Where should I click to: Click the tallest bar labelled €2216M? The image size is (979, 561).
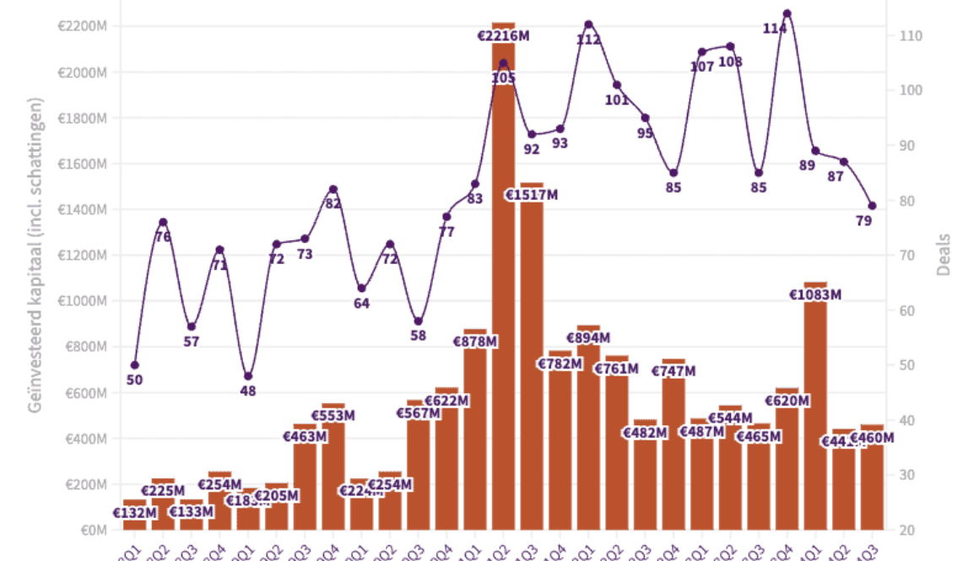tap(504, 278)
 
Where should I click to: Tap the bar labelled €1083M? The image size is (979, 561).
tap(815, 413)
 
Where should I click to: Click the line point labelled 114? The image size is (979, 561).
tap(787, 13)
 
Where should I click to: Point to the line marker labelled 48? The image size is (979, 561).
tap(248, 376)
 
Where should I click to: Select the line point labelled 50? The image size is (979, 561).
tap(135, 364)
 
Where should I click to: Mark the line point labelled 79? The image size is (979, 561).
tap(873, 206)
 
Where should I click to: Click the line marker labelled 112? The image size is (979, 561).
tap(588, 24)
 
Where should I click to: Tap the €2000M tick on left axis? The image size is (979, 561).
tap(82, 73)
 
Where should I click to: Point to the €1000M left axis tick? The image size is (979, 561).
tap(82, 301)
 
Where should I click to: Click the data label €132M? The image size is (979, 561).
tap(135, 512)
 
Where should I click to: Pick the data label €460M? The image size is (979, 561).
tap(872, 439)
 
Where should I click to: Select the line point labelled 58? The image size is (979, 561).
tap(418, 321)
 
